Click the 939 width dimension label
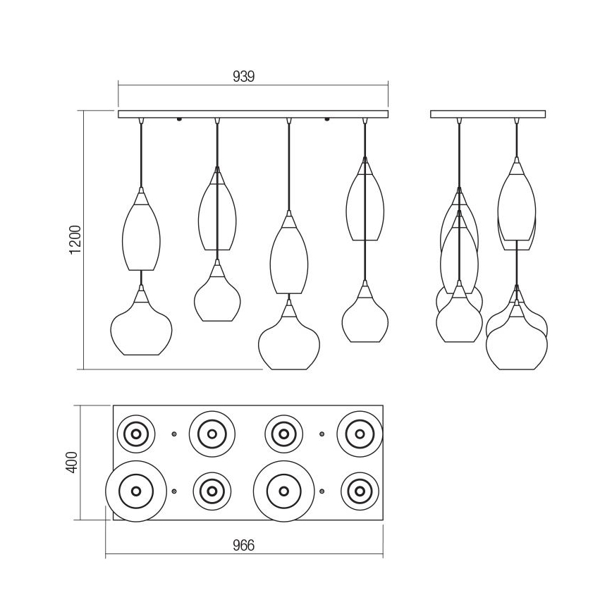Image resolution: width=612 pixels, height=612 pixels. click(x=243, y=76)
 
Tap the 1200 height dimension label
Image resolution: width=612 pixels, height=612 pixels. click(x=75, y=240)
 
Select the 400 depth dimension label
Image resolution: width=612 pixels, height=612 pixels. click(x=72, y=463)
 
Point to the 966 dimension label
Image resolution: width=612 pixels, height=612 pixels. click(x=243, y=545)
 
